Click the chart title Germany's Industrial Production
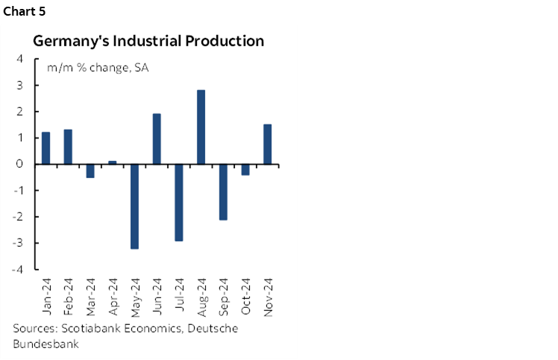coord(148,41)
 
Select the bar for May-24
coord(134,206)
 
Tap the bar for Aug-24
coord(201,127)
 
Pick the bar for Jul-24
coord(179,202)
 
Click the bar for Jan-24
coord(46,148)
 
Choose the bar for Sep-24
coord(223,192)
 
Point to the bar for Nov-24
coord(267,144)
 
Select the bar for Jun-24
coord(157,139)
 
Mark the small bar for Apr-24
coord(112,162)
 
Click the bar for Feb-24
coord(68,147)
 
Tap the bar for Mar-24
coord(90,171)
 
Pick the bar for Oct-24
coord(245,169)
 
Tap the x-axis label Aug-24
coord(201,298)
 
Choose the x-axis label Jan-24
coord(46,298)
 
